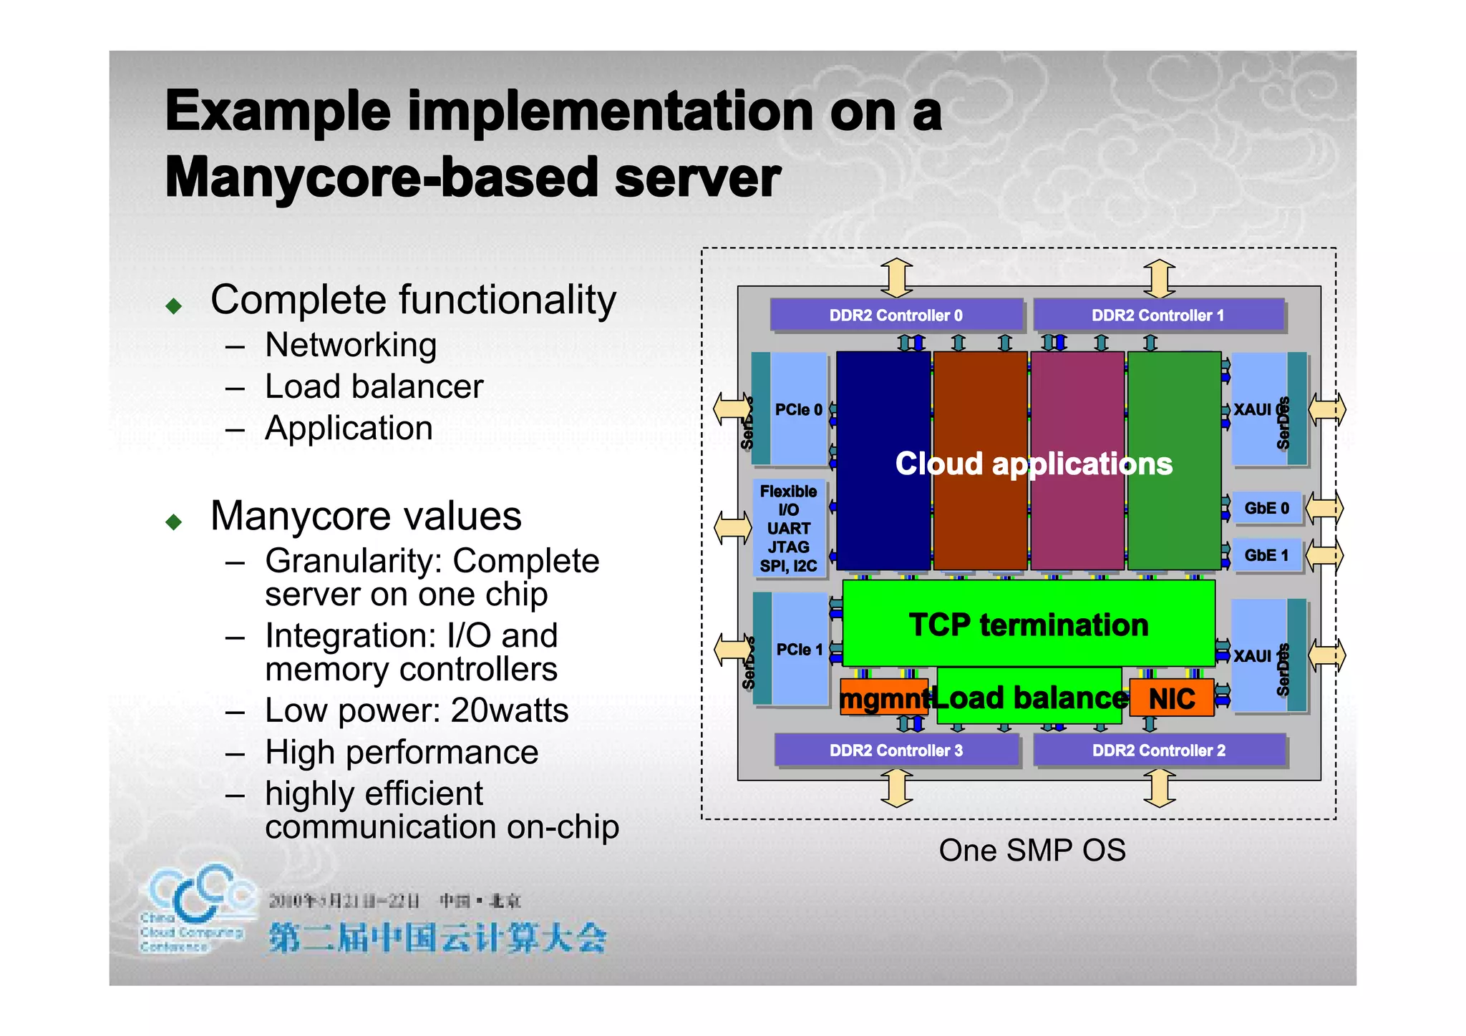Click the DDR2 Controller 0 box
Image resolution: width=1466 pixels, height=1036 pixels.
[x=895, y=316]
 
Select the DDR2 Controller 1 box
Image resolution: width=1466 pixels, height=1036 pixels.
[x=1157, y=316]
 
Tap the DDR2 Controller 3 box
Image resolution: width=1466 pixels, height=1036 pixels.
[x=895, y=751]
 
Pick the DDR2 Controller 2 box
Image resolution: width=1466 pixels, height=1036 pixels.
[x=1158, y=751]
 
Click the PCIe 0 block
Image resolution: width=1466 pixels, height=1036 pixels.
[x=798, y=410]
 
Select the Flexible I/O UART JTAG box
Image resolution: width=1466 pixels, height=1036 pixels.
[x=788, y=529]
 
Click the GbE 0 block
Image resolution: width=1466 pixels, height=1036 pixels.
[x=1266, y=509]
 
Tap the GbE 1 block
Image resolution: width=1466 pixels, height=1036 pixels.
[x=1266, y=556]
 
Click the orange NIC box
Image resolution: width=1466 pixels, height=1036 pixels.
[x=1172, y=698]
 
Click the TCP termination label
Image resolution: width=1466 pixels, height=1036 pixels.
[x=1029, y=625]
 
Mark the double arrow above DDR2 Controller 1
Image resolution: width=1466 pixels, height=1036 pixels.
[x=1159, y=278]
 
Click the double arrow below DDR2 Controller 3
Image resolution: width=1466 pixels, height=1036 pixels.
[x=896, y=788]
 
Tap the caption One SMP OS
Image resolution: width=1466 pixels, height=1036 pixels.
[x=1031, y=851]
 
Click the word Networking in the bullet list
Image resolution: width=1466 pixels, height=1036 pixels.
[x=351, y=345]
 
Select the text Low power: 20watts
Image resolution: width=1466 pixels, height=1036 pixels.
[x=416, y=710]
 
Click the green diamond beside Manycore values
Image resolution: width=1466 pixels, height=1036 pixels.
[x=174, y=522]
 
